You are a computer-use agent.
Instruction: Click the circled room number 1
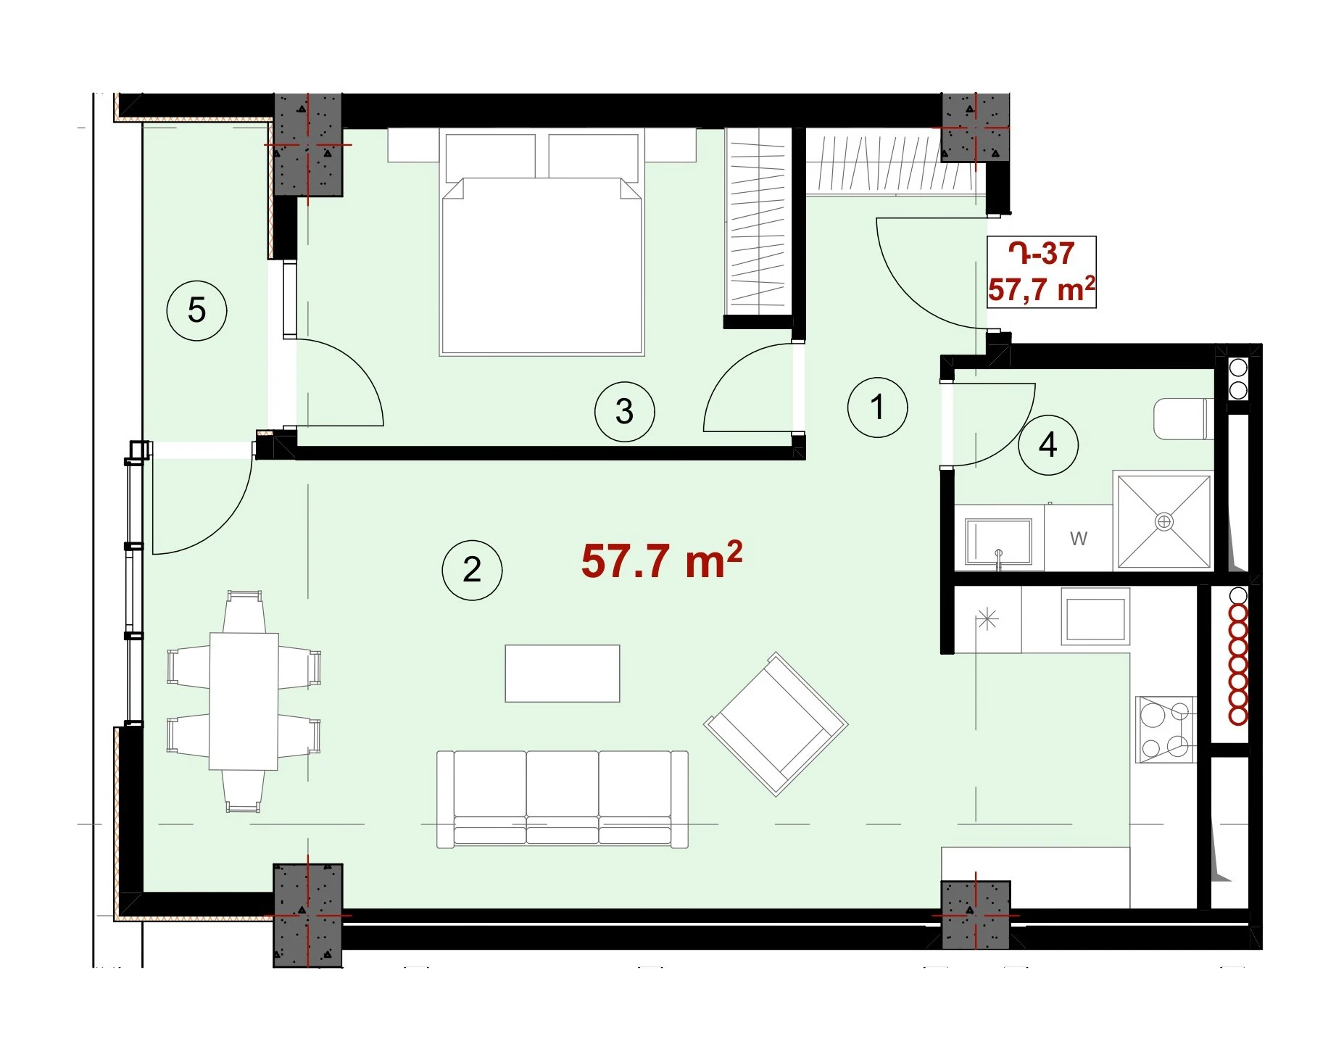coord(877,407)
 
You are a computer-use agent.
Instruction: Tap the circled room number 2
coord(472,570)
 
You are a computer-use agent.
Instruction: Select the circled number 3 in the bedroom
coord(624,412)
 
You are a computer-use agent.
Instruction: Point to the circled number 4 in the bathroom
coord(1047,444)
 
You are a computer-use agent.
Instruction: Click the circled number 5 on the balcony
coord(196,310)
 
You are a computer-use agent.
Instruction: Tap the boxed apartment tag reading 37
coord(1042,272)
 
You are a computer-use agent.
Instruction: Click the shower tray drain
coord(1163,521)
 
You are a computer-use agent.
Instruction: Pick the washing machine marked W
coord(1078,537)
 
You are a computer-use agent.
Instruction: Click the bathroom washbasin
coord(998,541)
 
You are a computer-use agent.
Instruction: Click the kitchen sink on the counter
coord(1095,616)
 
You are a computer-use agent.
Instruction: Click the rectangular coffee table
coord(563,674)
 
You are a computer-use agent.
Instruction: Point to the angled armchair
coord(776,724)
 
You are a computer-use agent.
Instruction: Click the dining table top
coord(244,701)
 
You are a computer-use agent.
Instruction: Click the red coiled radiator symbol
coord(1238,664)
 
